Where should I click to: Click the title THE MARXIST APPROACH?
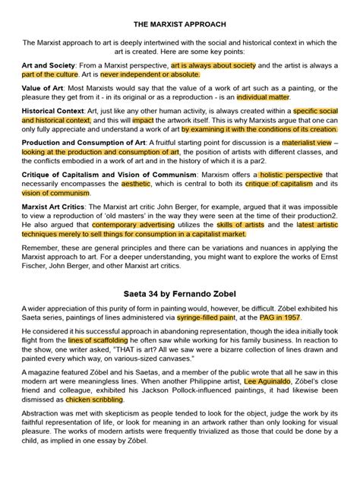point(179,24)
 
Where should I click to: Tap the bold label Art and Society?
point(51,66)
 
